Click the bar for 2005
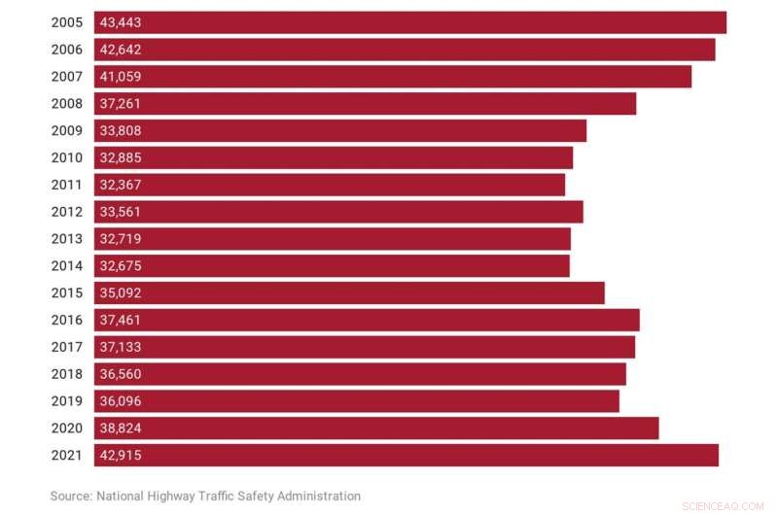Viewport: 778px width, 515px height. [x=410, y=22]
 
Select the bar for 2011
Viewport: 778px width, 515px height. [x=330, y=185]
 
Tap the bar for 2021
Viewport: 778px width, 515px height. [x=407, y=455]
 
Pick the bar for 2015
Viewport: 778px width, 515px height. [x=349, y=292]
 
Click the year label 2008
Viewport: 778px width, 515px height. [x=67, y=104]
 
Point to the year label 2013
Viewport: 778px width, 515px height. [x=67, y=239]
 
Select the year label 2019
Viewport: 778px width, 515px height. [x=67, y=401]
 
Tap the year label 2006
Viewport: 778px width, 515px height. [x=67, y=50]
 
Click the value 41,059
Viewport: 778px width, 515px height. [x=122, y=77]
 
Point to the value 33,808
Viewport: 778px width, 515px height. [x=122, y=131]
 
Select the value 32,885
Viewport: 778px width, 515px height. [x=122, y=157]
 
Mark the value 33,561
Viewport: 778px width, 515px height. [x=122, y=212]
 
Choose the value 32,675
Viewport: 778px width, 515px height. [x=122, y=266]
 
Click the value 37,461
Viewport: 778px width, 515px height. [x=122, y=320]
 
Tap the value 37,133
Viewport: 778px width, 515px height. [x=122, y=347]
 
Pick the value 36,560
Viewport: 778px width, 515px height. [x=122, y=374]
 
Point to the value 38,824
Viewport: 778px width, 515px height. [x=122, y=429]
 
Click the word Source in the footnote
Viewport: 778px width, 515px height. [x=71, y=496]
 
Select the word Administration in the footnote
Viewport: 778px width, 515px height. [x=316, y=496]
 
